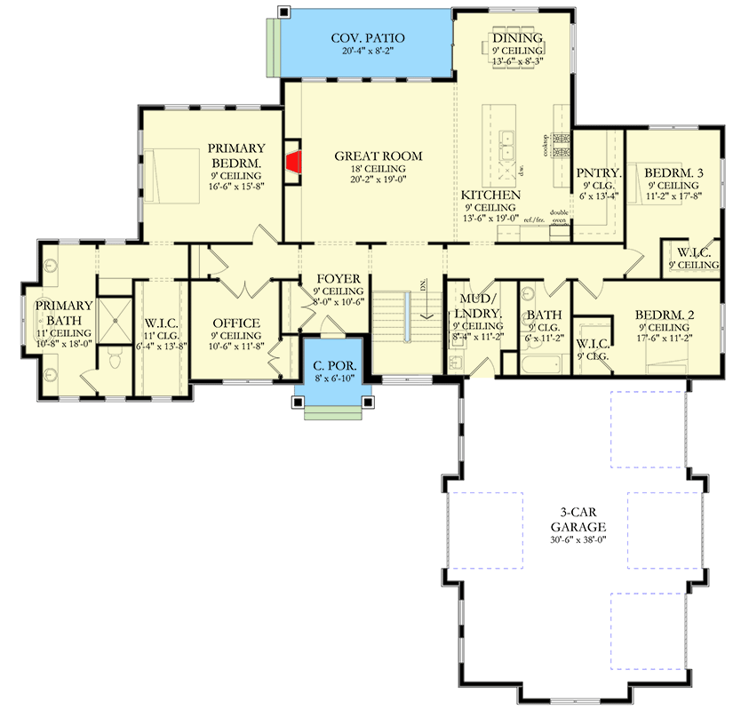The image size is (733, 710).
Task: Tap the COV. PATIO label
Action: [x=368, y=38]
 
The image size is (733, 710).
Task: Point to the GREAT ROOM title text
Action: [x=378, y=156]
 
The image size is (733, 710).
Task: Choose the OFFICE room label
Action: [x=236, y=323]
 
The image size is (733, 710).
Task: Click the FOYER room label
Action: [x=339, y=278]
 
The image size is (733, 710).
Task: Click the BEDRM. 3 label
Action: [x=672, y=172]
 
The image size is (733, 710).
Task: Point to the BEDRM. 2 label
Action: [x=664, y=315]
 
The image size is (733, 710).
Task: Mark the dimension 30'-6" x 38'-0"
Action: [x=577, y=538]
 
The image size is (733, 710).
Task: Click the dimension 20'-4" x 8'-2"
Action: [x=368, y=52]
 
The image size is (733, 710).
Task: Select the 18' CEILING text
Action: [x=378, y=169]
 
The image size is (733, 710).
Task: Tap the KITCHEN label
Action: [x=490, y=194]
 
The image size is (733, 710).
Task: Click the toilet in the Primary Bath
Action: [x=113, y=359]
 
